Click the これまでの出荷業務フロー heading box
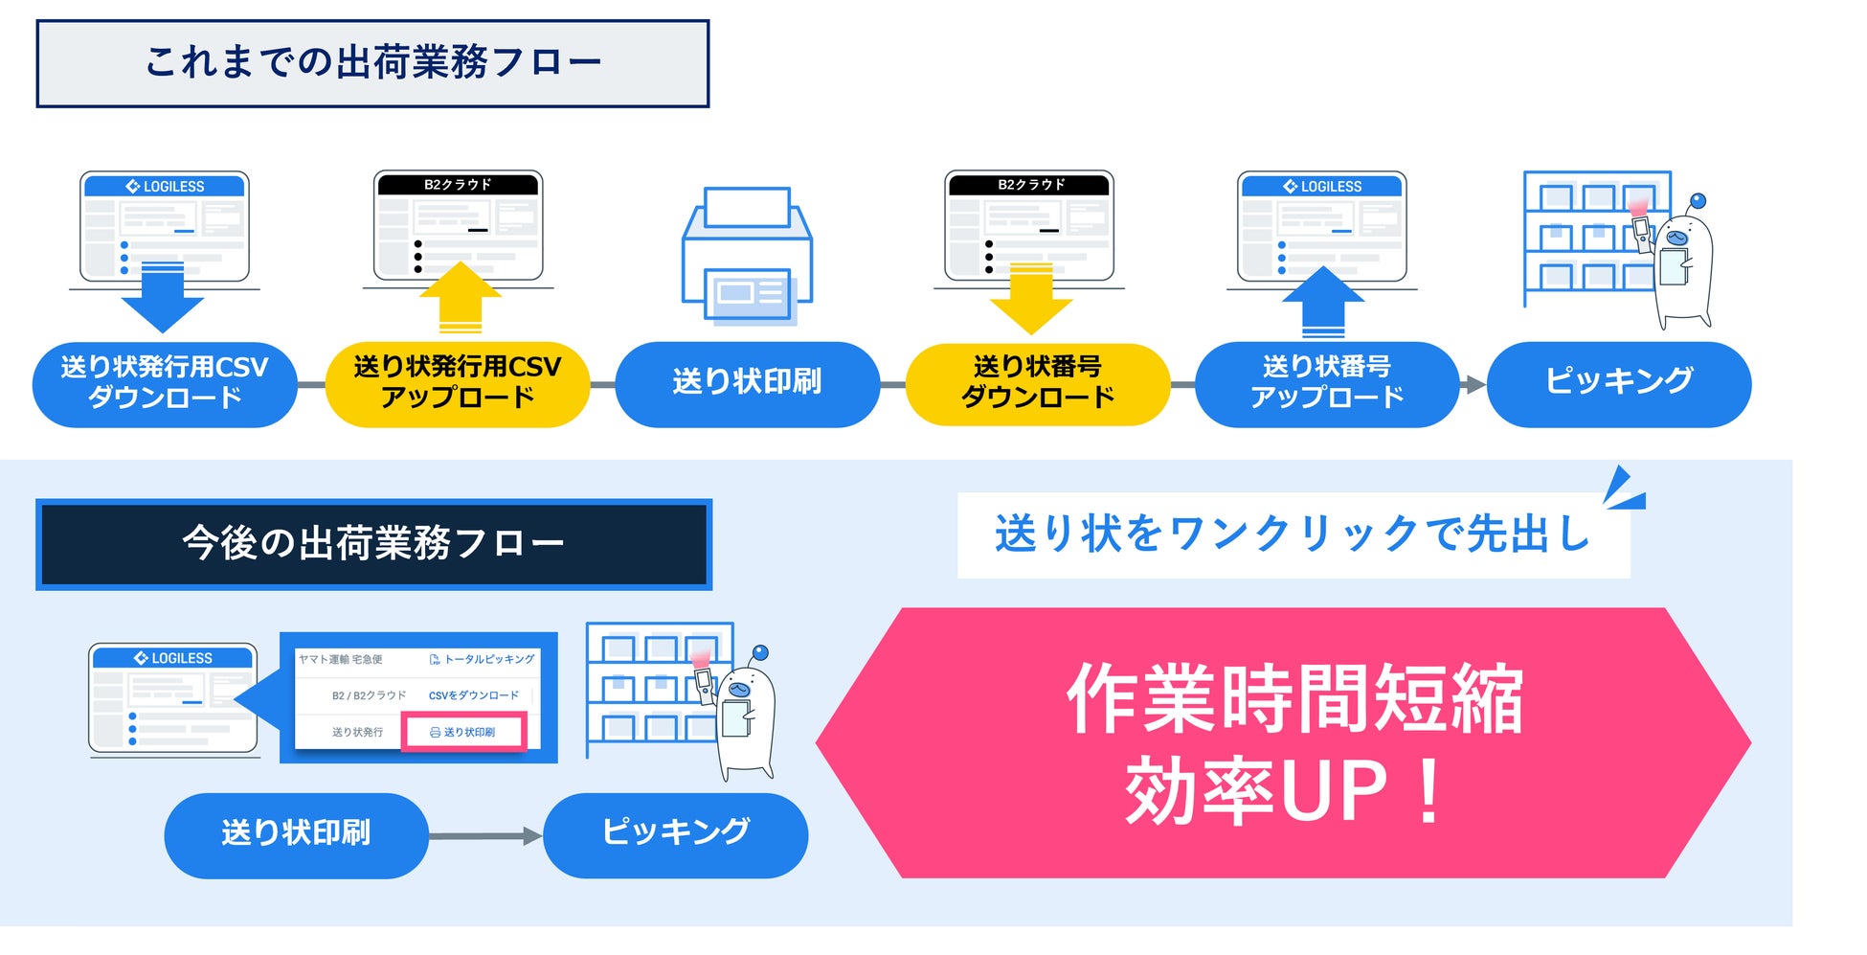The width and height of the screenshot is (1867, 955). (372, 63)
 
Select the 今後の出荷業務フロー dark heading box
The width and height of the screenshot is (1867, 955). (373, 543)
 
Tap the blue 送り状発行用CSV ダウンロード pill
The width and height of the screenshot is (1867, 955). (165, 383)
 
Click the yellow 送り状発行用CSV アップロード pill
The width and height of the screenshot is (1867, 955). (458, 383)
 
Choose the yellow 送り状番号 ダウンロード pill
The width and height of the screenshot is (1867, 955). (1038, 383)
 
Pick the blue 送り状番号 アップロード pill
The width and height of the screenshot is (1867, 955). (1327, 383)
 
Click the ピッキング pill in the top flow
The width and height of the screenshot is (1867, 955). (1619, 383)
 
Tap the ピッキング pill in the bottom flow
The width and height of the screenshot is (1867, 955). (676, 833)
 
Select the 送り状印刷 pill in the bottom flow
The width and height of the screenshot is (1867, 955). (296, 834)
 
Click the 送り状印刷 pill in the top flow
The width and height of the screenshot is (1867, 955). (747, 383)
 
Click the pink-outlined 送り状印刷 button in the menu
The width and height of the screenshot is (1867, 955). (463, 732)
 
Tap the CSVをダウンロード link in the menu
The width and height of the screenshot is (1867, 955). (474, 695)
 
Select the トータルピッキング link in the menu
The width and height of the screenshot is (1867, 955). (483, 659)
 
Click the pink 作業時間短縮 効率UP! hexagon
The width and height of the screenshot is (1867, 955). (1283, 742)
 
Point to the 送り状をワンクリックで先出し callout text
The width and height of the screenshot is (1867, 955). (1293, 534)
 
